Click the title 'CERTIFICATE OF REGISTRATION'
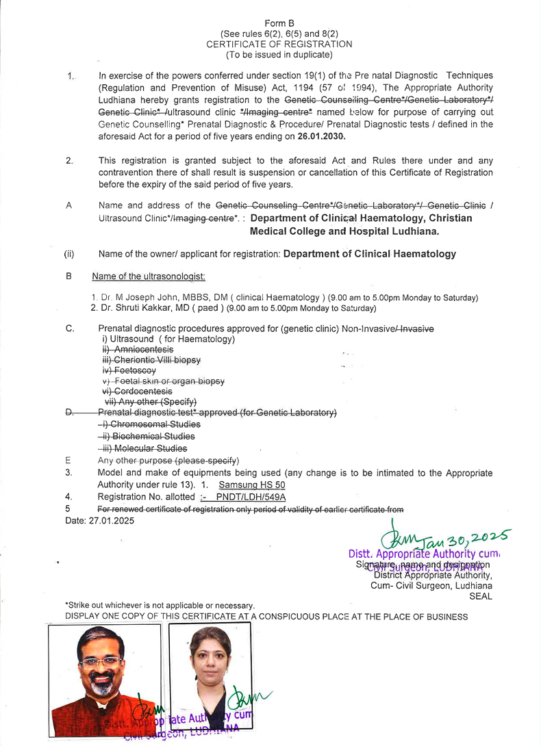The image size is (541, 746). (x=279, y=44)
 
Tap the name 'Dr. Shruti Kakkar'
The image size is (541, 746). (x=134, y=308)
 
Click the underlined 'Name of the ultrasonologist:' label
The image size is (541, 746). (x=149, y=276)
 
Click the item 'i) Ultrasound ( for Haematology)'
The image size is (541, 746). (x=168, y=339)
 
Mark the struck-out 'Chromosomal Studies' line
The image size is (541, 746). (x=145, y=424)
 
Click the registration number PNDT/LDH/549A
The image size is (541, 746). (x=251, y=497)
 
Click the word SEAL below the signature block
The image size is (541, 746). (x=480, y=596)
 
